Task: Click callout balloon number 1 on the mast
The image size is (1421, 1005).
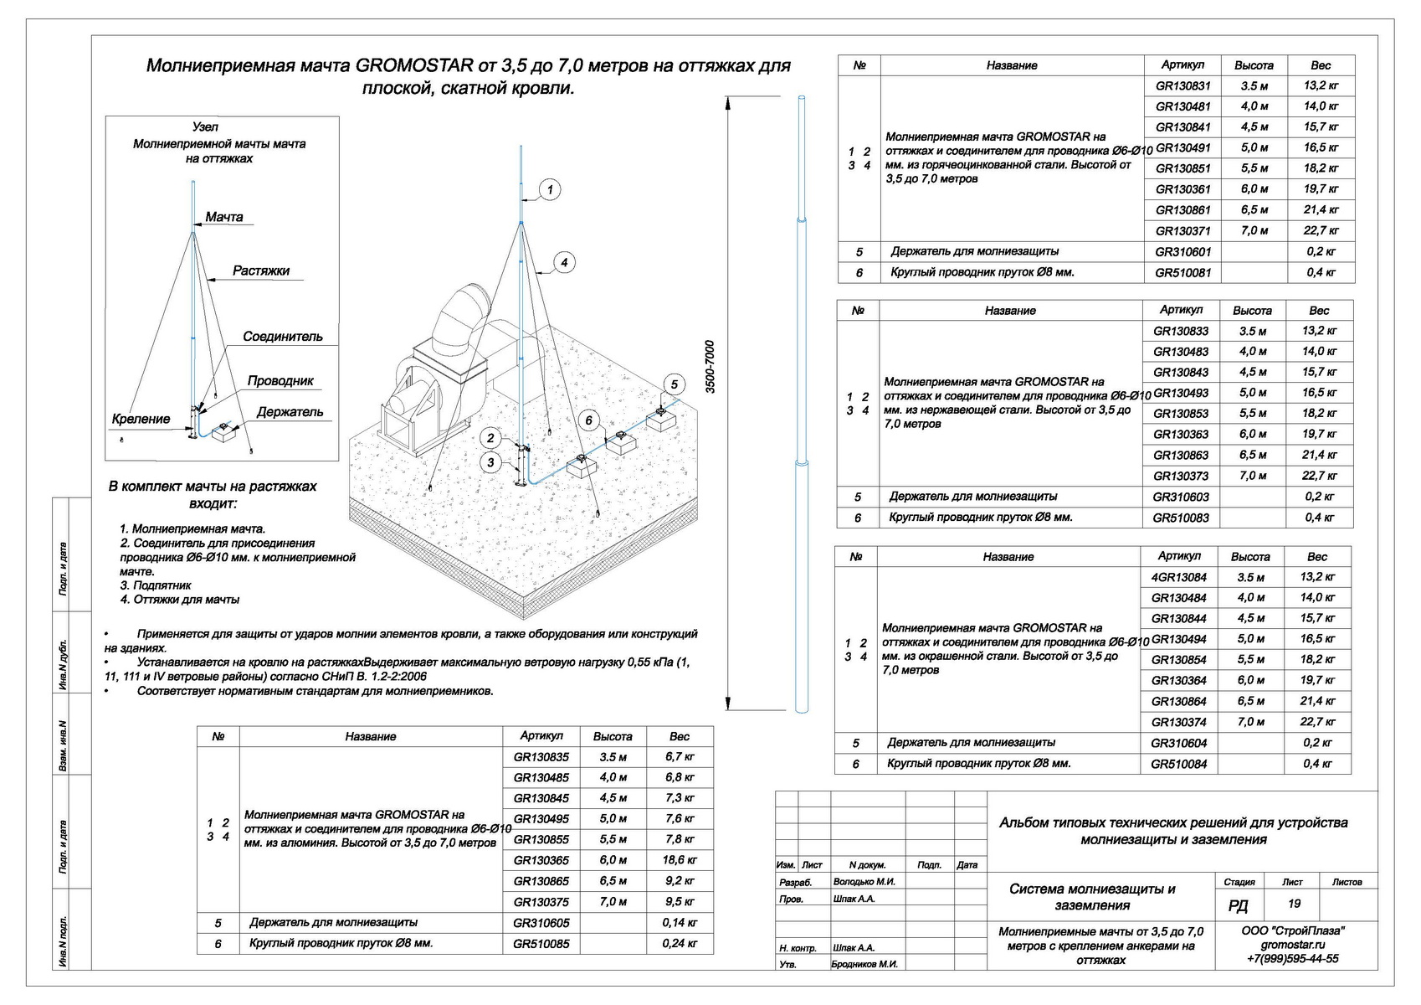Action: pos(550,190)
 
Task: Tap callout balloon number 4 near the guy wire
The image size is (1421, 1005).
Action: pos(564,262)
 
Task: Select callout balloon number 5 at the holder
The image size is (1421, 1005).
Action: pos(674,384)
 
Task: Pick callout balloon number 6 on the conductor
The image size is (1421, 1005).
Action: pos(589,420)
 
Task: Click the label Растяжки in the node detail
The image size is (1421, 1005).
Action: pos(261,271)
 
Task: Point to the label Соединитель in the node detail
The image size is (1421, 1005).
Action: pos(283,337)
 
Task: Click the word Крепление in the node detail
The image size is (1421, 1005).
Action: pos(141,419)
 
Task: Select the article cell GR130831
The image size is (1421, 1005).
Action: pos(1182,85)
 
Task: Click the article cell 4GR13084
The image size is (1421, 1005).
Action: pos(1179,577)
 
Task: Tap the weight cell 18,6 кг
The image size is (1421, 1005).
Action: pos(680,860)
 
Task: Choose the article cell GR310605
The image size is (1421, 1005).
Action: pos(541,923)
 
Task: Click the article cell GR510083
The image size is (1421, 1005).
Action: pos(1181,518)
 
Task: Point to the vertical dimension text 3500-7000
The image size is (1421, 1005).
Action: pos(710,367)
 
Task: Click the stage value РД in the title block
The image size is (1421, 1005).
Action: pos(1238,906)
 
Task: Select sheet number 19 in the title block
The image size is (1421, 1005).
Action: pos(1294,904)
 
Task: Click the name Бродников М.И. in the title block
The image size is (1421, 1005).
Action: pos(865,964)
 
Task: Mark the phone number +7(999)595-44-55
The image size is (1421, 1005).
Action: pos(1292,959)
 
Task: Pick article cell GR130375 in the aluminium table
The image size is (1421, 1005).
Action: pos(541,902)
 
